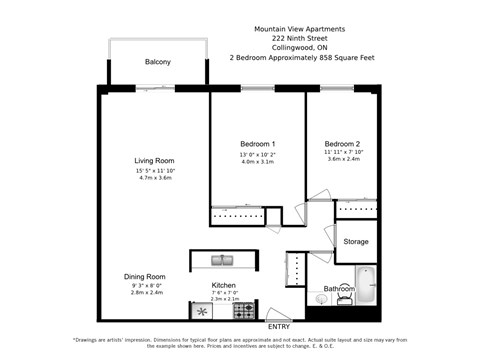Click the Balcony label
point(157,62)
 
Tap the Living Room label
point(155,160)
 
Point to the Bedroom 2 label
point(341,145)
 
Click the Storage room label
point(356,241)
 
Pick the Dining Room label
point(144,276)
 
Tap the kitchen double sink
point(222,260)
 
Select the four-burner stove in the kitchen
point(244,311)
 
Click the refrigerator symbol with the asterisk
point(201,311)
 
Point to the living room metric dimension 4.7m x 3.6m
point(155,178)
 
